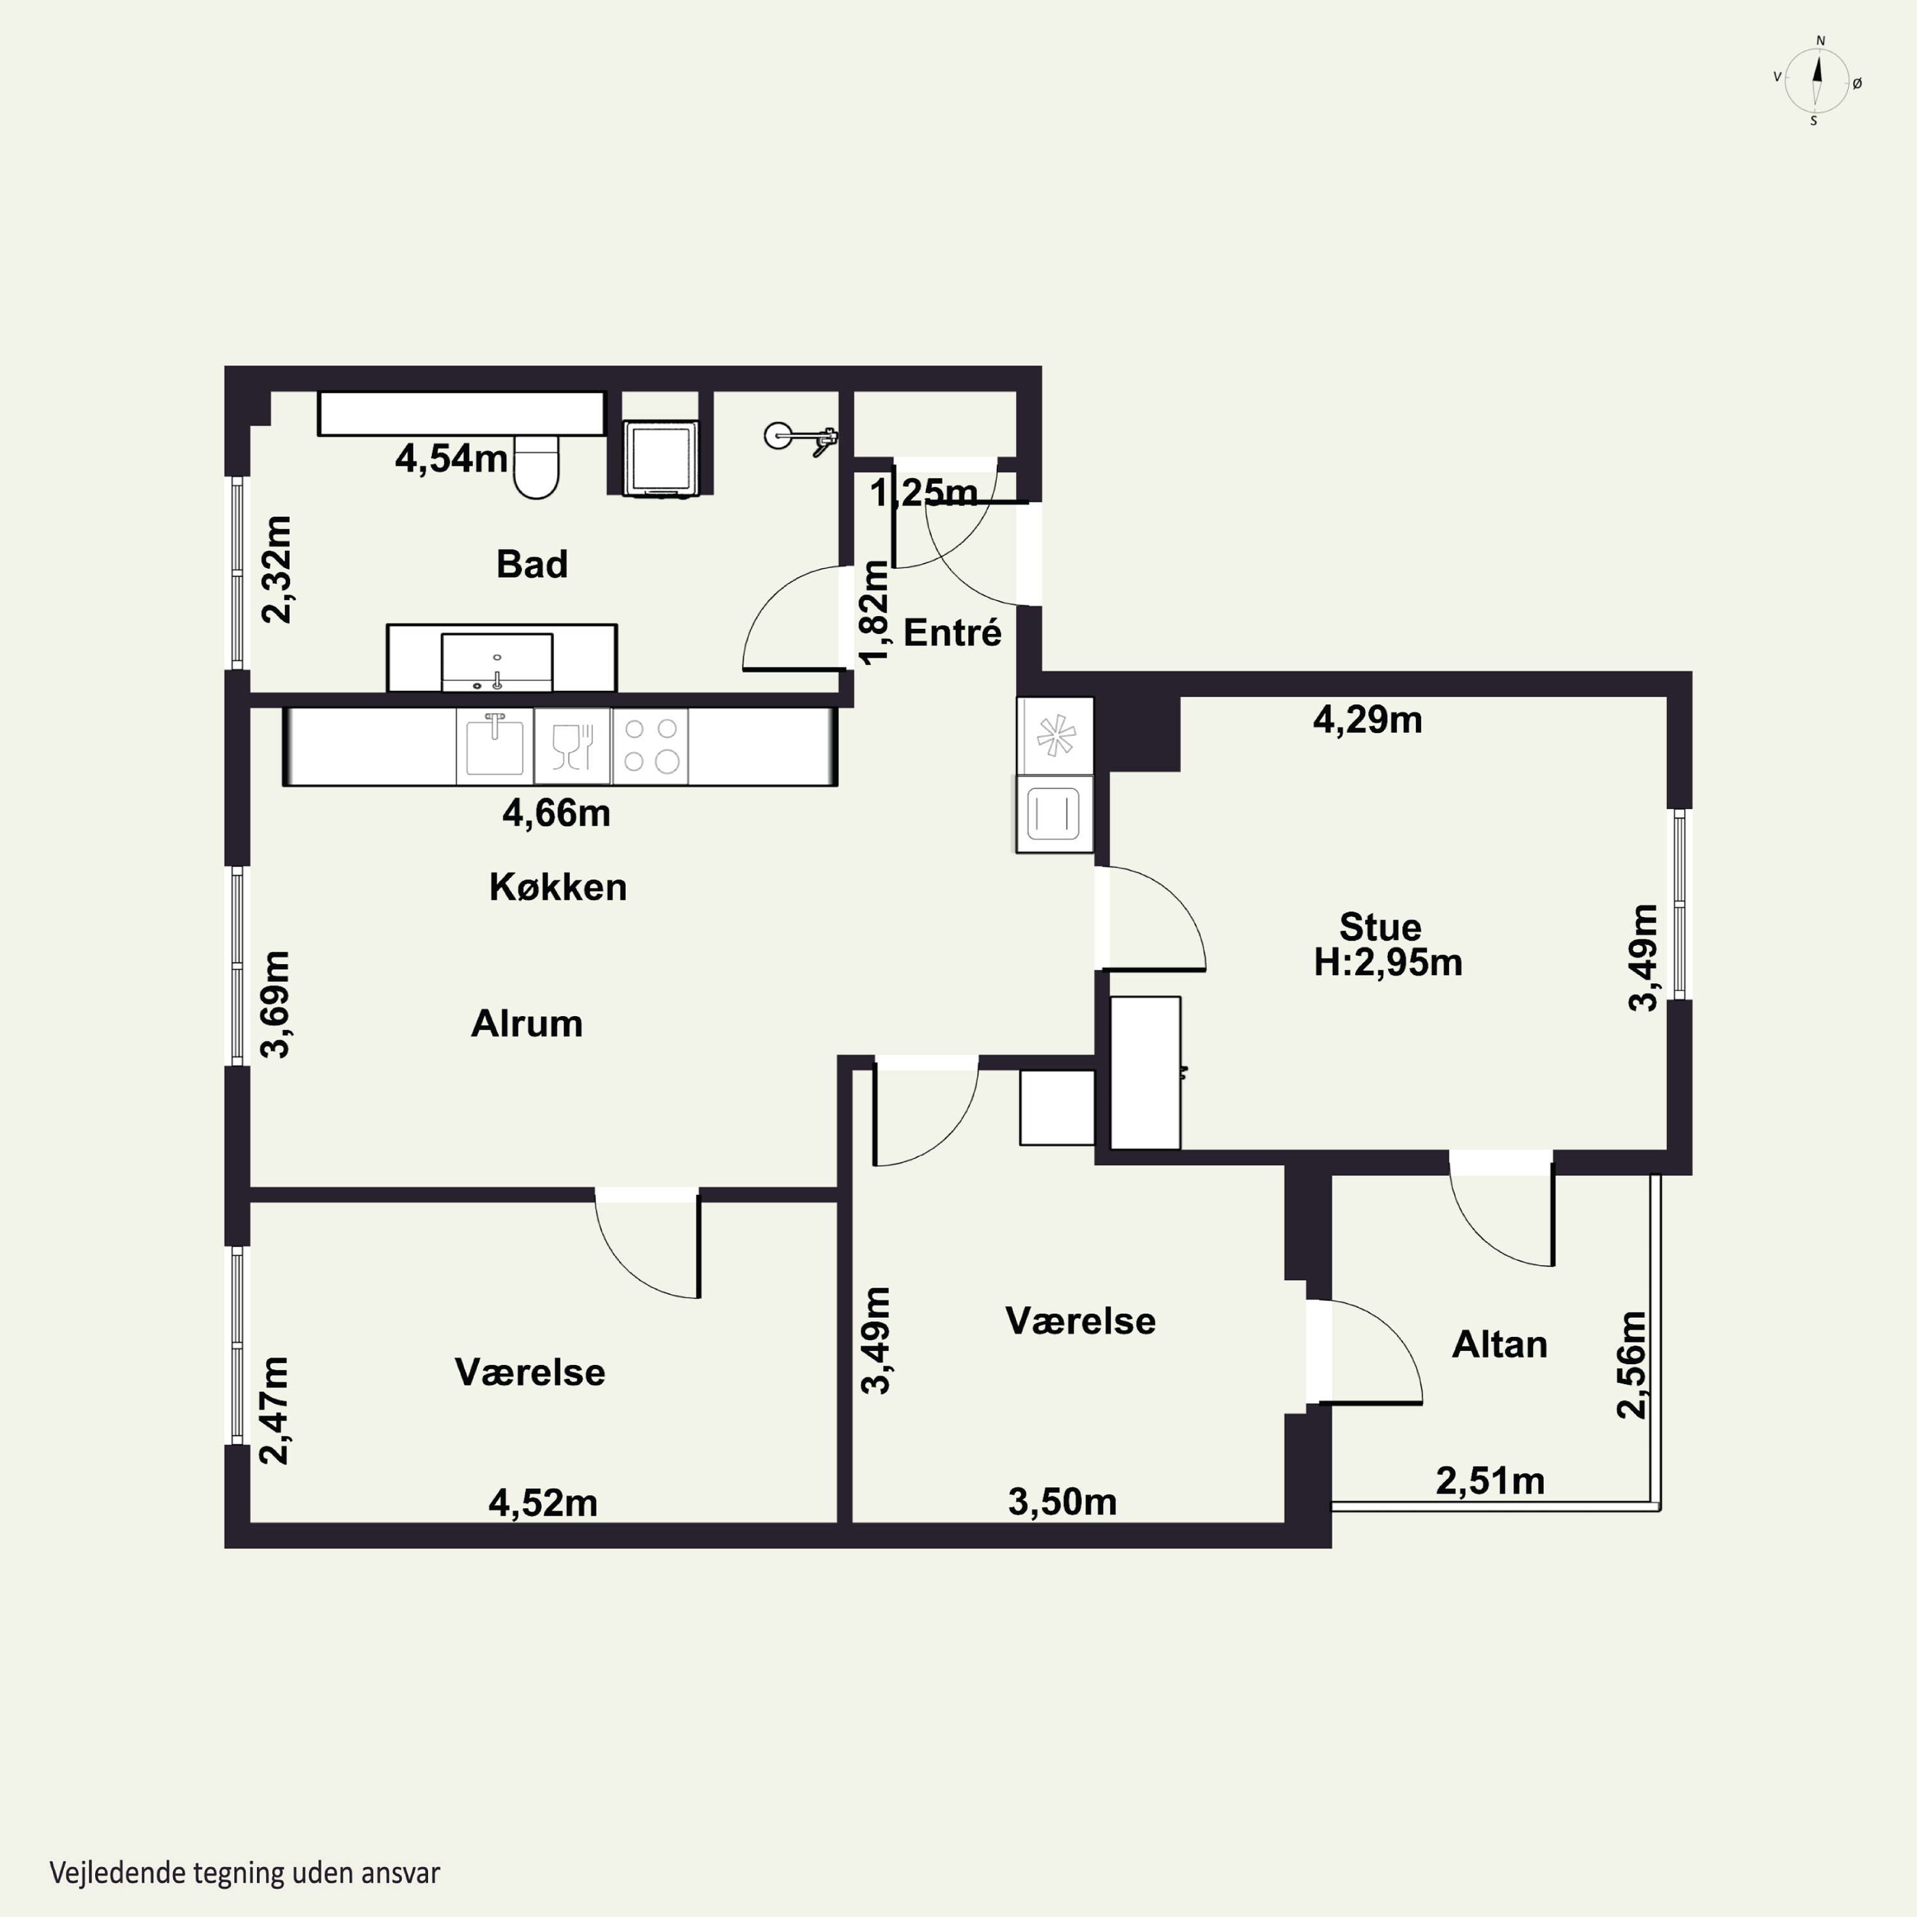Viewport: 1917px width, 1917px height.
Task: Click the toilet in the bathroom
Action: (x=537, y=466)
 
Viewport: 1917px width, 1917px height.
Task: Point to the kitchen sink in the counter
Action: (x=494, y=744)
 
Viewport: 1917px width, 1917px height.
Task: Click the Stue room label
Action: (x=1380, y=927)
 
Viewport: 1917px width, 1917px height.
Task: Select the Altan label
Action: (x=1499, y=1344)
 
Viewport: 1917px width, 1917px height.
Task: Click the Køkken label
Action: (x=558, y=886)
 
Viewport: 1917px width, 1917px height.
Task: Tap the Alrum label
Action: (x=527, y=1023)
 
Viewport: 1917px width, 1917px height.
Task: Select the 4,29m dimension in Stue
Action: (x=1367, y=720)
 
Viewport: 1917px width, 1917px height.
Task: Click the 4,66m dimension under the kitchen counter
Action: (x=556, y=813)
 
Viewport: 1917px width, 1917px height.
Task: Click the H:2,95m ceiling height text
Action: (x=1388, y=962)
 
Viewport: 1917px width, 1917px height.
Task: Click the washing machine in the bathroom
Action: (x=660, y=458)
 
